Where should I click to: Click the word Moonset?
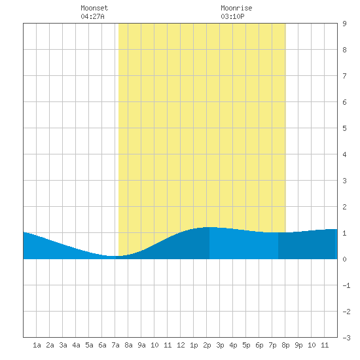(x=94, y=8)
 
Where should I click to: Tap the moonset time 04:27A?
(x=92, y=16)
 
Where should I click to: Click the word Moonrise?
(x=236, y=8)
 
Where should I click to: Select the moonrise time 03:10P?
(x=232, y=16)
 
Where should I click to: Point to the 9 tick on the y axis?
(x=344, y=24)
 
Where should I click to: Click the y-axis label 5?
(x=344, y=128)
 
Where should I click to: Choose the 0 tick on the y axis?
(x=344, y=259)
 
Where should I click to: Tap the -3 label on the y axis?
(x=346, y=338)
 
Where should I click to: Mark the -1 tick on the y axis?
(x=346, y=285)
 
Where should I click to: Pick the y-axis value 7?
(x=344, y=76)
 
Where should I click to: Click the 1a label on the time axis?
(x=37, y=345)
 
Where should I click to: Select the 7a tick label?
(x=115, y=345)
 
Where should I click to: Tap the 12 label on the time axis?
(x=181, y=345)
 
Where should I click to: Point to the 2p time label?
(x=207, y=345)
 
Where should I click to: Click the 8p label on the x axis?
(x=285, y=345)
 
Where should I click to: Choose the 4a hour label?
(x=76, y=345)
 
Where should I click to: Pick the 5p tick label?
(x=246, y=345)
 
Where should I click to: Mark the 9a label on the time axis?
(x=141, y=345)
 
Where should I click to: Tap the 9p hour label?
(x=298, y=345)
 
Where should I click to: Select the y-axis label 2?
(x=344, y=207)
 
